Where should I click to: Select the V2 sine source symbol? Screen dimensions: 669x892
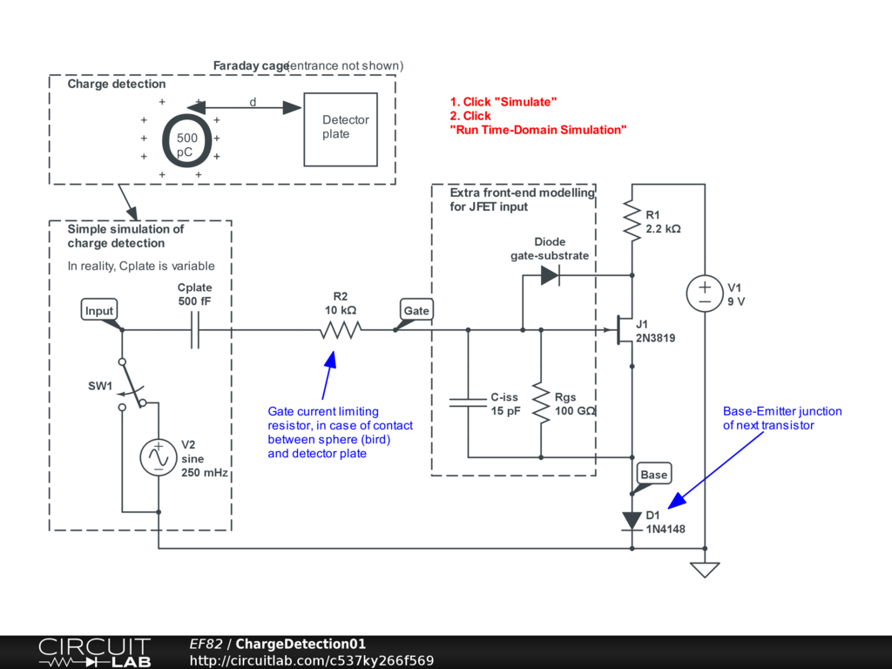(159, 457)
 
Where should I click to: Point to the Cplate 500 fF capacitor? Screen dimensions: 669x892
(195, 330)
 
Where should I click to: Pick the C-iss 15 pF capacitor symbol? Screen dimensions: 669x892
(469, 402)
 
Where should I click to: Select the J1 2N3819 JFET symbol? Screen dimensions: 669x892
(624, 330)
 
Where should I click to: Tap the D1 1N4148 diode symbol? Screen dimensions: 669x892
(632, 521)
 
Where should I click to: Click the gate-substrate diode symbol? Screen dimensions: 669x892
(550, 275)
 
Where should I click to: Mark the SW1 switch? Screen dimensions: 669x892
(132, 383)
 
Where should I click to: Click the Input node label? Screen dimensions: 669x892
(99, 311)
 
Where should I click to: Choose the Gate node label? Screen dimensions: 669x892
(416, 310)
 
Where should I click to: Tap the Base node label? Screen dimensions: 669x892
(653, 474)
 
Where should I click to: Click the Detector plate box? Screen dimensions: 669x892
(341, 129)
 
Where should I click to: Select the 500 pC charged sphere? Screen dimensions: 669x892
(186, 139)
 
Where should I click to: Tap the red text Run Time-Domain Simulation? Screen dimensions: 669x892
(538, 130)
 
